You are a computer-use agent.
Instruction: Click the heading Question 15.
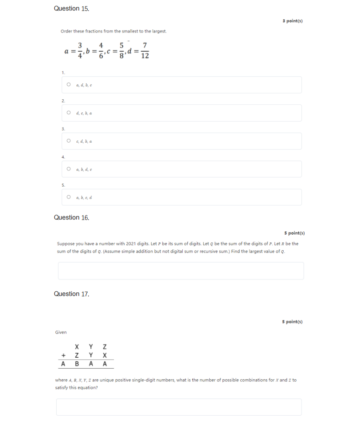coord(71,9)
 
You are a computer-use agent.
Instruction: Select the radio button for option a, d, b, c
coord(69,85)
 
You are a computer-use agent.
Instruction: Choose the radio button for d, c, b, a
coord(69,113)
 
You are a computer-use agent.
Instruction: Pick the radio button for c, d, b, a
coord(69,141)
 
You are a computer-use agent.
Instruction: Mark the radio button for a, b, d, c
coord(69,169)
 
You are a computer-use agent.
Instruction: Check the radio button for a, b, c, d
coord(69,197)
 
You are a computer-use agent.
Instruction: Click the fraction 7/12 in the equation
coord(145,51)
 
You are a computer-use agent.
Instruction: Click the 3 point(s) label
coord(292,21)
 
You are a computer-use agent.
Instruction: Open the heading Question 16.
coord(71,218)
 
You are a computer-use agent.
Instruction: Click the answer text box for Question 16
coord(180,271)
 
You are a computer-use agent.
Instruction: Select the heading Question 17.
coord(71,294)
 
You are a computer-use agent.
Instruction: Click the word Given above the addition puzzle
coord(61,332)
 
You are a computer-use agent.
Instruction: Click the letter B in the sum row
coord(77,364)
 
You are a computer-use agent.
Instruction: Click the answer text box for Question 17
coord(179,407)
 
